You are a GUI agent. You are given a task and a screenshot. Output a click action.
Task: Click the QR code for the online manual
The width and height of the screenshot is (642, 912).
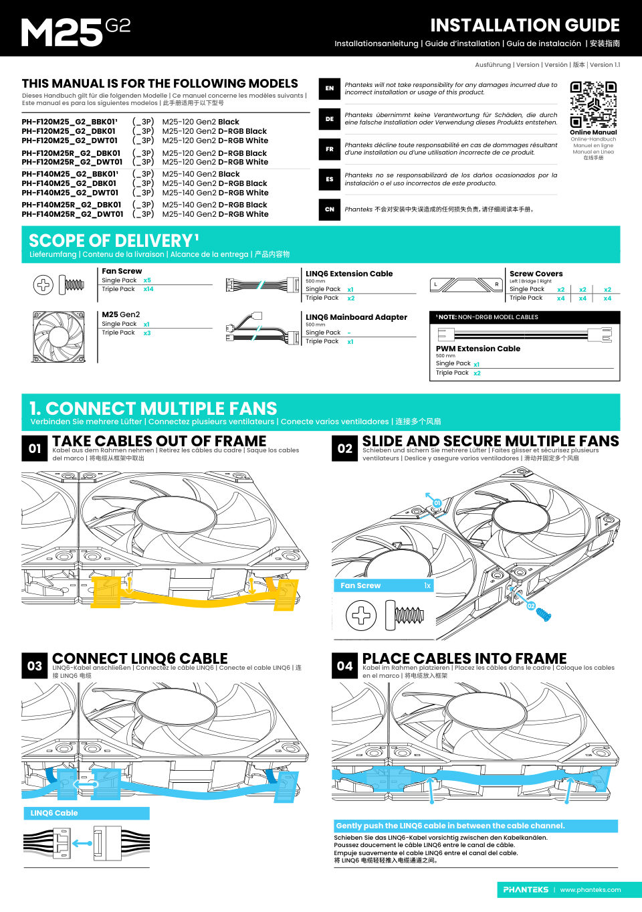tap(593, 104)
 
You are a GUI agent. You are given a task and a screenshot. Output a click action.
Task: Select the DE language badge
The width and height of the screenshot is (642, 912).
tap(330, 118)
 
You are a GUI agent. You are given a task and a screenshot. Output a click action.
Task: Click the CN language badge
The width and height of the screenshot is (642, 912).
tap(330, 209)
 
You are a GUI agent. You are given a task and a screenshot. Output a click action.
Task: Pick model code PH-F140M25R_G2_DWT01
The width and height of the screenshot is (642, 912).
tap(72, 215)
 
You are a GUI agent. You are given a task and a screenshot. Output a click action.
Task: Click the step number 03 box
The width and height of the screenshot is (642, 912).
tap(35, 666)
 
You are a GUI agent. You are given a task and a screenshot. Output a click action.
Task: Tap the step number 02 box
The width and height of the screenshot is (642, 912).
tap(344, 448)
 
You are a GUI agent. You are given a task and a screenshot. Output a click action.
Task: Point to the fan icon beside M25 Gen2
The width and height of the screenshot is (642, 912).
tap(59, 337)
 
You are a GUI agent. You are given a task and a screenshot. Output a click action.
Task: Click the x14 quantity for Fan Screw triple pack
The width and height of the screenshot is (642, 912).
tap(148, 289)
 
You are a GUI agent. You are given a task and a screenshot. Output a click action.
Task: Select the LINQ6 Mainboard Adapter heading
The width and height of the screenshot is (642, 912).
tap(356, 317)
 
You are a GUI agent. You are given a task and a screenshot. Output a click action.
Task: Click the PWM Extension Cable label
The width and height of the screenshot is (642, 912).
tap(478, 349)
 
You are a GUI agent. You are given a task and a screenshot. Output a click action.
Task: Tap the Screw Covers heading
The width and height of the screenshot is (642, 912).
tap(536, 274)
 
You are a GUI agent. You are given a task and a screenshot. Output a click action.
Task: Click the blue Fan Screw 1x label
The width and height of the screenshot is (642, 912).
tap(385, 585)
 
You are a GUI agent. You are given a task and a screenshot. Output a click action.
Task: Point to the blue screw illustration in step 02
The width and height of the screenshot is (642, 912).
tap(544, 614)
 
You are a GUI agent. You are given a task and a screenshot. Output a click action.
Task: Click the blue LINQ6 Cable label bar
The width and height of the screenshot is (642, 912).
tap(86, 813)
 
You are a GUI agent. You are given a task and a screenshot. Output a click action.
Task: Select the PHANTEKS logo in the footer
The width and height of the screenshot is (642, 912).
tap(526, 890)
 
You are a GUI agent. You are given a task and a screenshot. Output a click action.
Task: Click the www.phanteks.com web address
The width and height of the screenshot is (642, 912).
tap(591, 890)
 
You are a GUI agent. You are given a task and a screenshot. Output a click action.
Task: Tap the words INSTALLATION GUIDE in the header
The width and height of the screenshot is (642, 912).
tap(525, 25)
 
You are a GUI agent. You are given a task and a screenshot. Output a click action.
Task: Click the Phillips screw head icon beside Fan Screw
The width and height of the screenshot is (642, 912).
tap(43, 284)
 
